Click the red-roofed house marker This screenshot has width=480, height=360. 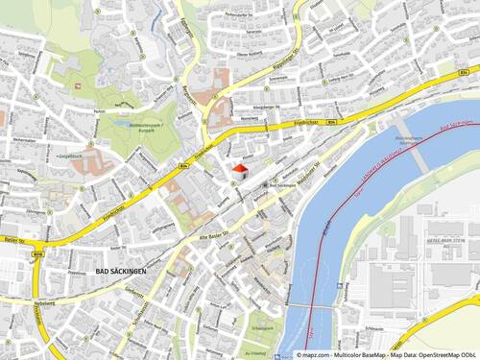[x=239, y=169]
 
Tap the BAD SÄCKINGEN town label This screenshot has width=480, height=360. [x=121, y=273]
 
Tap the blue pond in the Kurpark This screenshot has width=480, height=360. [x=121, y=123]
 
